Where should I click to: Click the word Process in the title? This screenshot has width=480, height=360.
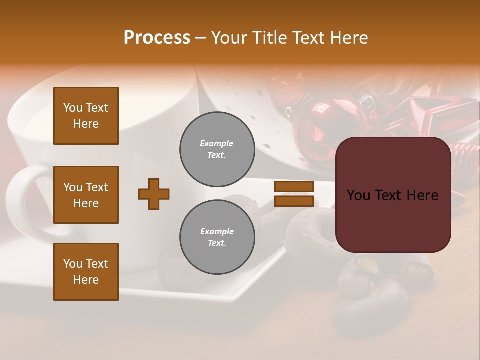coord(157,38)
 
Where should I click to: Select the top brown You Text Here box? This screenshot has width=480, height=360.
coord(86,116)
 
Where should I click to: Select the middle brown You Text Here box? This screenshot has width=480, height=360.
coord(86,195)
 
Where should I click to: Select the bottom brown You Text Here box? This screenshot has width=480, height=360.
coord(86,272)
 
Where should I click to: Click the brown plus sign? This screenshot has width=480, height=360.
coord(154,194)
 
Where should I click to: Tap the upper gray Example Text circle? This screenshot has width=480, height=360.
coord(217,149)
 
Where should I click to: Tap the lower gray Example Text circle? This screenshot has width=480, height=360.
coord(217,237)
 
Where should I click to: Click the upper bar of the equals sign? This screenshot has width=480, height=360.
coord(294,186)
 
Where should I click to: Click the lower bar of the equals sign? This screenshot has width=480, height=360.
coord(294,201)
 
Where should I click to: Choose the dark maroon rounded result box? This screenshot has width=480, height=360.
coord(393,195)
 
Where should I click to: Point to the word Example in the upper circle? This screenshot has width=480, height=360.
coord(216,143)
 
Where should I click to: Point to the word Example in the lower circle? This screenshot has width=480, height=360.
coord(217,231)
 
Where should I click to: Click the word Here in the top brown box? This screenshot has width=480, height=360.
coord(86,124)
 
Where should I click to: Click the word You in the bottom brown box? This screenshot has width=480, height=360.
coord(72,264)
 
